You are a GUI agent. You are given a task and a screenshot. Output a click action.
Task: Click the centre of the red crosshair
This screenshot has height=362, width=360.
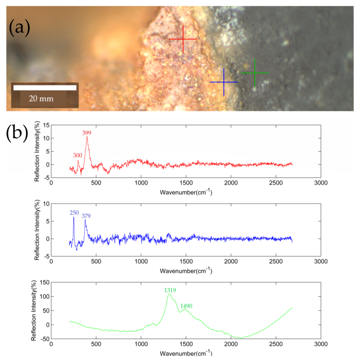(183, 40)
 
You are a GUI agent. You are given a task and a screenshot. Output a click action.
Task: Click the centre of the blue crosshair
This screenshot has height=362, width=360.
(224, 82)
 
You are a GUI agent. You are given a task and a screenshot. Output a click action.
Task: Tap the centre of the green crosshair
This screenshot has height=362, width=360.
(255, 72)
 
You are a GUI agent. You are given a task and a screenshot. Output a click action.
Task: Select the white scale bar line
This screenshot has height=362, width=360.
(45, 88)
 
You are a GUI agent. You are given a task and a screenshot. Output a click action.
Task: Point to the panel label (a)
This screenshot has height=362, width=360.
(19, 28)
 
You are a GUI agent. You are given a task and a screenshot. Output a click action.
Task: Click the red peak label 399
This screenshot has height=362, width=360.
(87, 133)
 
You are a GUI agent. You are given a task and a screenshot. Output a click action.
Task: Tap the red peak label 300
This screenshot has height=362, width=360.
(77, 155)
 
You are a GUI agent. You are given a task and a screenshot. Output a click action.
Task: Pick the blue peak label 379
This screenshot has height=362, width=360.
(86, 216)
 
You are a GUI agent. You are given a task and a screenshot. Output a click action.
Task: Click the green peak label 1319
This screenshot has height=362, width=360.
(171, 290)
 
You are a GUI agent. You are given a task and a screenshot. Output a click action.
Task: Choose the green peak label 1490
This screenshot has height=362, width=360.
(186, 306)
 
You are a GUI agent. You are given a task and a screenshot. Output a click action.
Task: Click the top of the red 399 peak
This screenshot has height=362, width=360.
(87, 137)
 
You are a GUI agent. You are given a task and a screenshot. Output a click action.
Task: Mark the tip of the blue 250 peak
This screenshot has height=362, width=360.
(74, 217)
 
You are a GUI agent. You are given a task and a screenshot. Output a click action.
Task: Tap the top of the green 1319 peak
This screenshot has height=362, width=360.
(170, 294)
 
